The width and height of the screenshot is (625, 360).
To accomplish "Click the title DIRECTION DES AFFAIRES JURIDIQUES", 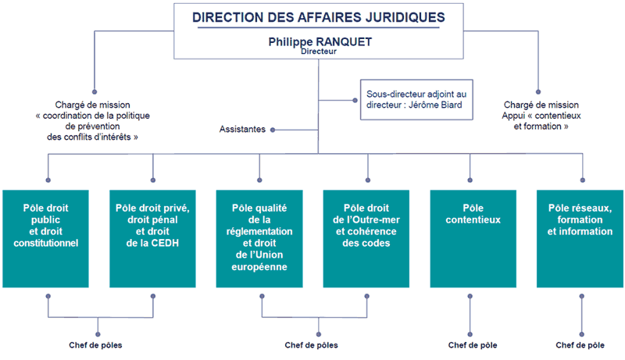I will (318, 16).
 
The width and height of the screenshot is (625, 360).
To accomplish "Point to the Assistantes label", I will (242, 130).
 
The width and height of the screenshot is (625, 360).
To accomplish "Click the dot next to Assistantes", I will (273, 130).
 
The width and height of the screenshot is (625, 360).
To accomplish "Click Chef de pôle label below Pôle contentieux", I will (472, 344).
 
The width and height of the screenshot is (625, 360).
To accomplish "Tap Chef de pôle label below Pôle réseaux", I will (580, 344).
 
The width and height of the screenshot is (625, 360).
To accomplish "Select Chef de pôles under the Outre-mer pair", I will (310, 344).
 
